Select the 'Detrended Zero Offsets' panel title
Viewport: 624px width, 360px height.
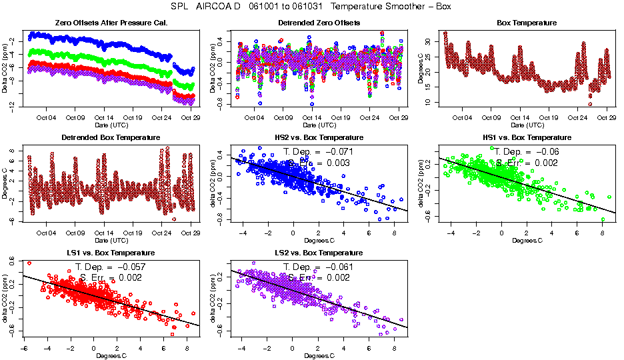(x=319, y=23)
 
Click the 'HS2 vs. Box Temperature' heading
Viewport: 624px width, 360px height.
(x=319, y=137)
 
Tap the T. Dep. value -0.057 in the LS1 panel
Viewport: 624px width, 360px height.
(x=127, y=267)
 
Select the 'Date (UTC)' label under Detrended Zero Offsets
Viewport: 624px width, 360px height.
(x=319, y=125)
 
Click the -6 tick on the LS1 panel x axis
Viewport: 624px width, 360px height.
(x=24, y=348)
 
